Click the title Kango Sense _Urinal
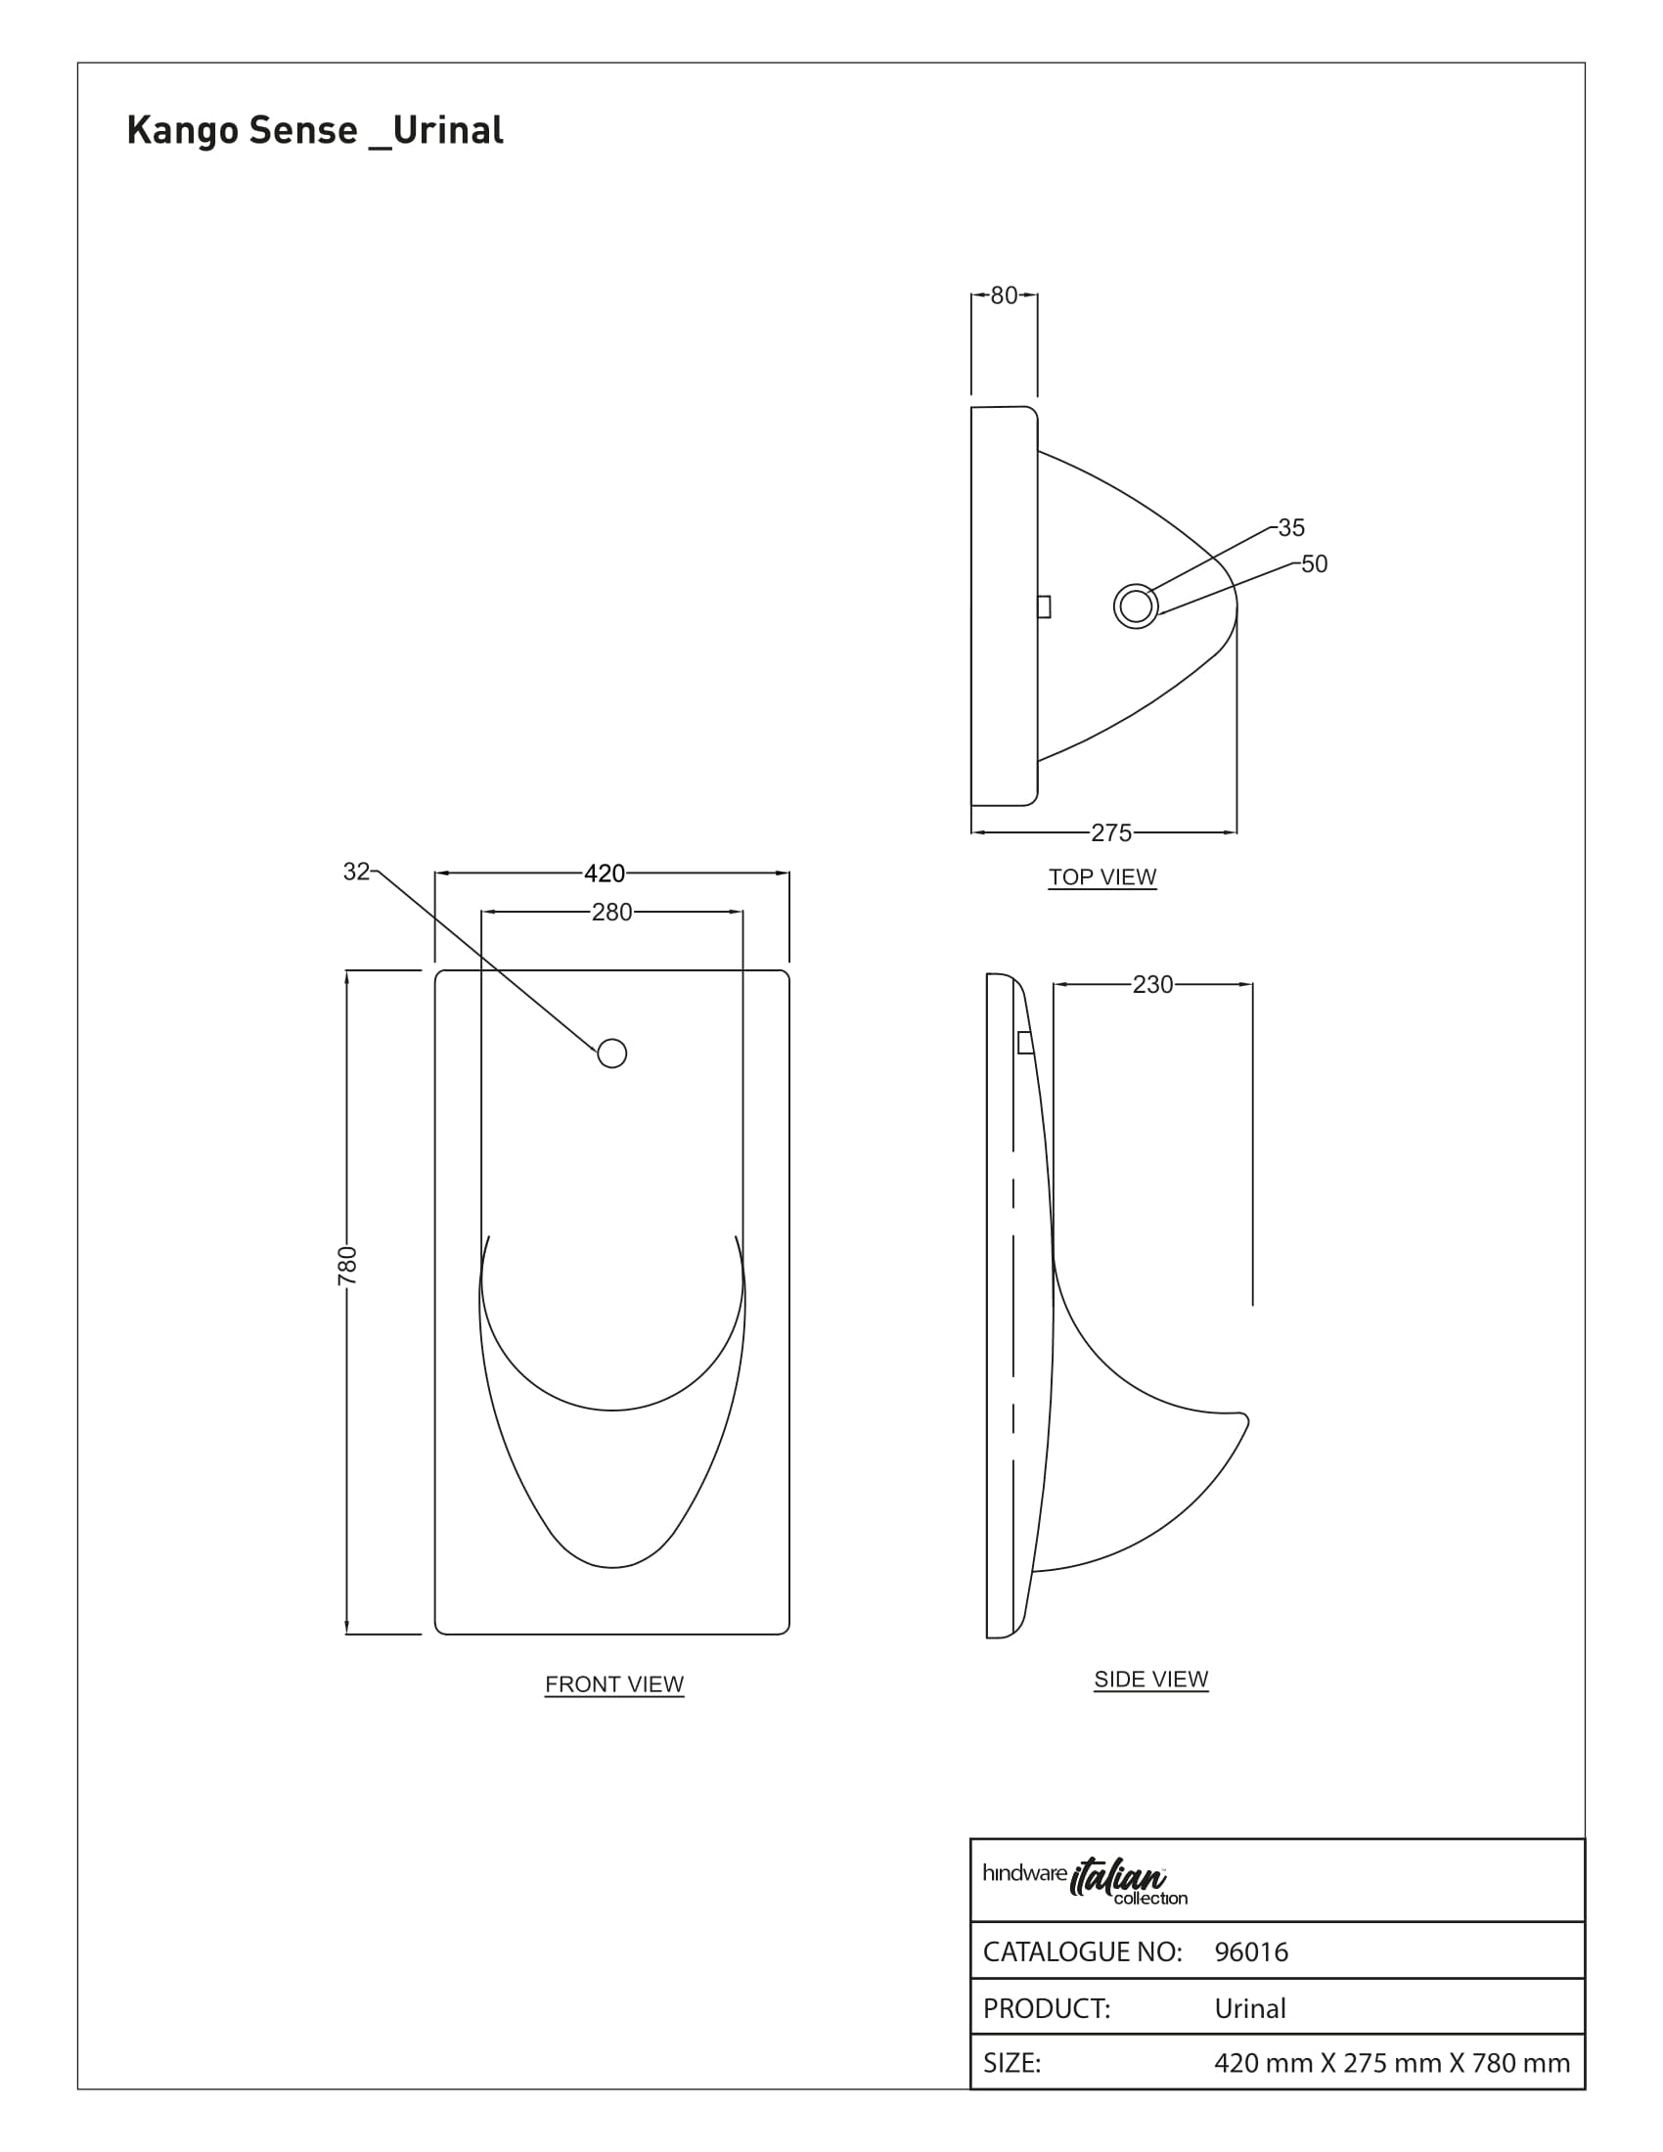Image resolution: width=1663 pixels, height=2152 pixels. pos(314,130)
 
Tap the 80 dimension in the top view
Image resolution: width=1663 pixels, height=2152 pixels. pos(1004,295)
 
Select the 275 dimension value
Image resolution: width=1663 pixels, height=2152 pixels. pos(1111,832)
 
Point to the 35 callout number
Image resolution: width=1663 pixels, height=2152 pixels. pos(1291,527)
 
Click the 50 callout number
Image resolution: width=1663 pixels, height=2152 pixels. pos(1314,563)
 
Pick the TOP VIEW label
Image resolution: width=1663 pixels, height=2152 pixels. pos(1102,877)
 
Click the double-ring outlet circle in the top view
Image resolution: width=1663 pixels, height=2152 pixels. pos(1136,606)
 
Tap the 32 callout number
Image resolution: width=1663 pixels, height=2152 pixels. pos(356,871)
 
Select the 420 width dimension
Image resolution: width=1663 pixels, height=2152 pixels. pos(605,873)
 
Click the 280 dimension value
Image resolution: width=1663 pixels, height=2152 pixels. pos(611,913)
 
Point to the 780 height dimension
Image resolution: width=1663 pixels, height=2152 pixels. pos(348,1265)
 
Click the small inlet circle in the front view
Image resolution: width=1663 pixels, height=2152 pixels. pos(611,1054)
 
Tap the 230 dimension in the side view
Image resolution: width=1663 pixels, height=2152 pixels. pos(1152,984)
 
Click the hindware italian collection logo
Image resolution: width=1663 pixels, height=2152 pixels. pos(1085,1881)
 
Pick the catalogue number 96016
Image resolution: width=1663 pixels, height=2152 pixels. pos(1251,1952)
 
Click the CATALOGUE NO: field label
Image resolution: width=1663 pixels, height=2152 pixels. pos(1083,1952)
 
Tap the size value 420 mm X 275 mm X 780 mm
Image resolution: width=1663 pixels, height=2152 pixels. pos(1392,2063)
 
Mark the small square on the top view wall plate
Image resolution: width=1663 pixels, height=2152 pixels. pos(1045,607)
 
